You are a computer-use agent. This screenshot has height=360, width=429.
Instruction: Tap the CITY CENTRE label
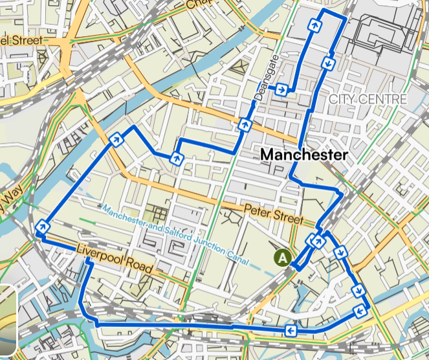[368, 99]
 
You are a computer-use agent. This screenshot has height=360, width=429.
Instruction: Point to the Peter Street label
[273, 215]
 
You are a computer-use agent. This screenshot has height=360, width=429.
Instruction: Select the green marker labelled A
[282, 257]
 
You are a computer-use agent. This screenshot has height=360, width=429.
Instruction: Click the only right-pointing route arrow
[281, 90]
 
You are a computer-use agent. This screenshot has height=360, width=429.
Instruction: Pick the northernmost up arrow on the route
[315, 25]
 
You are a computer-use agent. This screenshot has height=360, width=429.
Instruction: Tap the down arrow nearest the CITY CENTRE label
[329, 63]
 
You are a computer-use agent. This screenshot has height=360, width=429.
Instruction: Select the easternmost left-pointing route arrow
[359, 313]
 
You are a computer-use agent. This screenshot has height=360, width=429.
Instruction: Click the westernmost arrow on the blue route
[43, 226]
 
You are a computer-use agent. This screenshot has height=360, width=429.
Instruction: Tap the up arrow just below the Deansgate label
[245, 124]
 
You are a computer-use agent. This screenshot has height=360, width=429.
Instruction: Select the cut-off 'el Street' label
[21, 40]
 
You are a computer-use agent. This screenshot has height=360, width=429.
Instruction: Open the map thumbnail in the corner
[6, 321]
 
